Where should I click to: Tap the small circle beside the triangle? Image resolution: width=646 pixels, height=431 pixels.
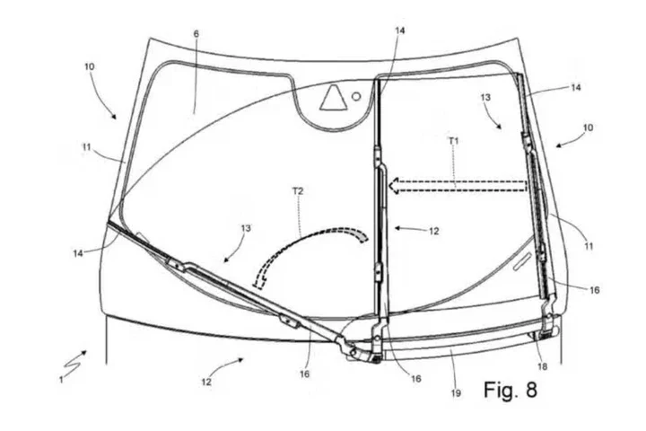point(356,96)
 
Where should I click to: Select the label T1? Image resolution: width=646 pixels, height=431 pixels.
point(453,141)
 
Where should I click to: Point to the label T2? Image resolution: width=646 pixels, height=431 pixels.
point(298,191)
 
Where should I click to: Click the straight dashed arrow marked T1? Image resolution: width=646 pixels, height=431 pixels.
point(458,186)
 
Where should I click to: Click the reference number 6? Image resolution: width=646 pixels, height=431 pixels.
point(196,34)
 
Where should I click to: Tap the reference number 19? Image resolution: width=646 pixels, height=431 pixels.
point(456,393)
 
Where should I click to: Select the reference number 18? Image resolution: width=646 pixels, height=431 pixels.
point(543,366)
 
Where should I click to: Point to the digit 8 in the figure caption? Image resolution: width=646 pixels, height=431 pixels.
point(531,389)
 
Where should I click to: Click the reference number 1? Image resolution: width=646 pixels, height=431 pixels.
point(61,380)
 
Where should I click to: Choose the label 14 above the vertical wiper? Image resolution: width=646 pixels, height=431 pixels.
point(399,31)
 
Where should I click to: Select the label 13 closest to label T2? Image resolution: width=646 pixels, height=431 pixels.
point(246,228)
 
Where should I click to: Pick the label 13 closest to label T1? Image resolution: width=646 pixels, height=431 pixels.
point(485,97)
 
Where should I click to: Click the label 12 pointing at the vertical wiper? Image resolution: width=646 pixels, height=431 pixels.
point(434,232)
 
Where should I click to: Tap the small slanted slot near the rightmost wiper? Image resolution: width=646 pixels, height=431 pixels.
point(522,262)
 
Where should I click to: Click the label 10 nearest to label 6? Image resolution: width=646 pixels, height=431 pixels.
point(89,66)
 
